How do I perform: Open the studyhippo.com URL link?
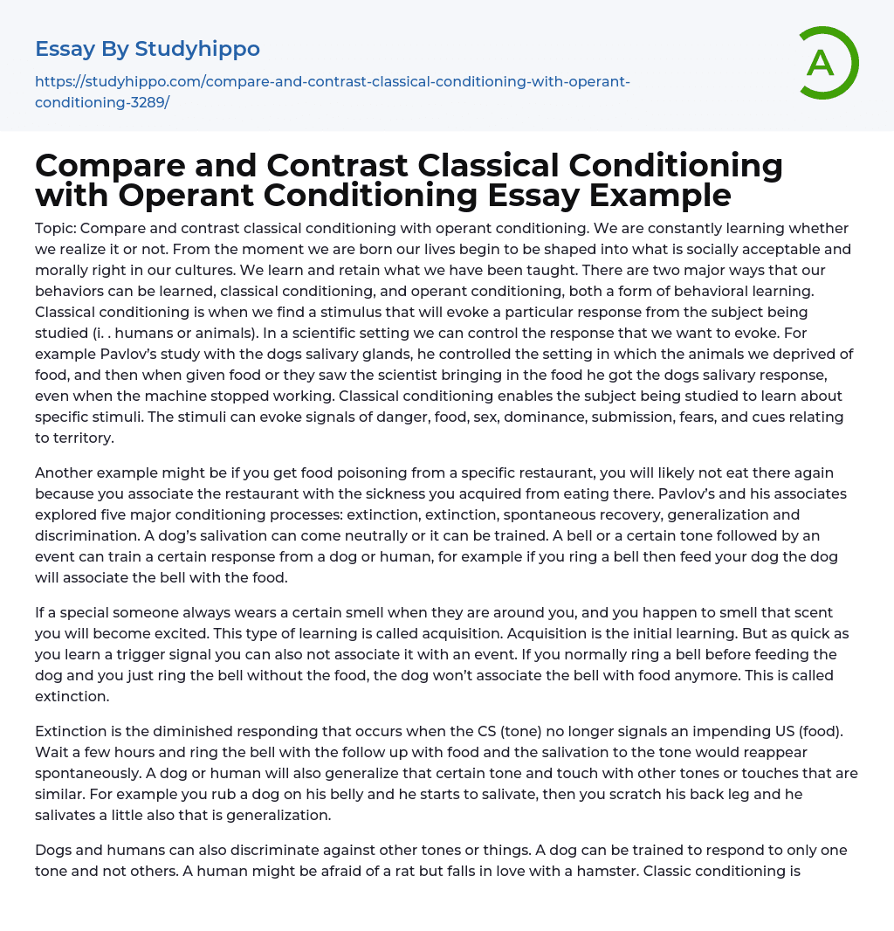click(x=333, y=92)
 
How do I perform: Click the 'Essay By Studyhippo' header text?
click(x=148, y=48)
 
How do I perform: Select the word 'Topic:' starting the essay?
click(x=57, y=228)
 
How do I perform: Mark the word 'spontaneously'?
click(x=89, y=773)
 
